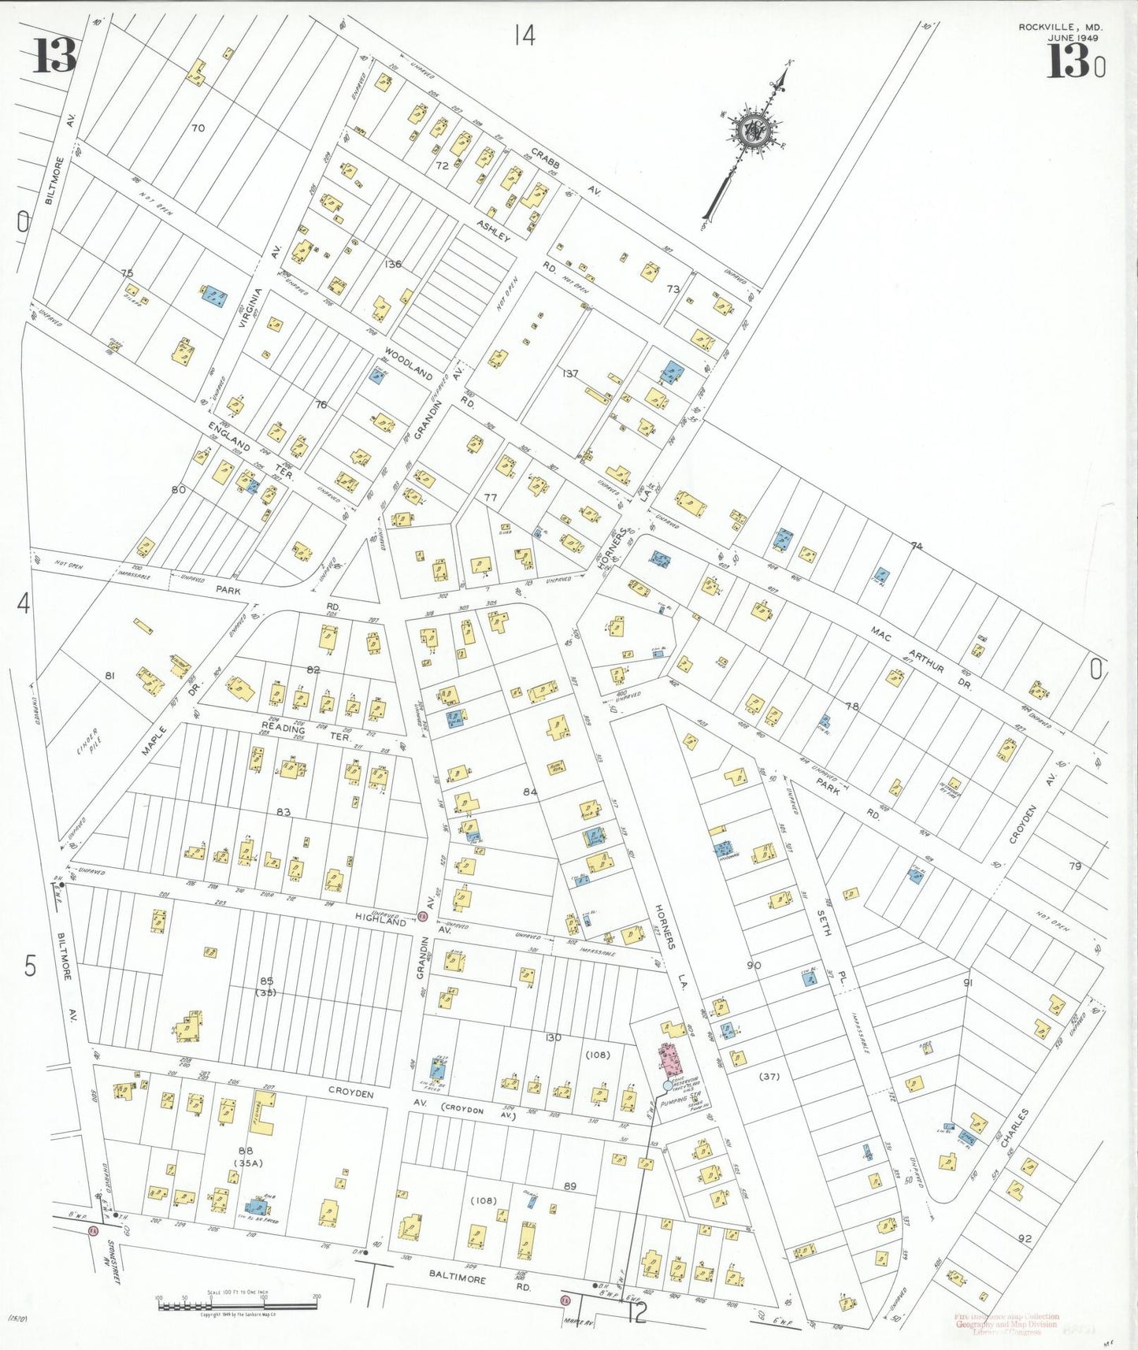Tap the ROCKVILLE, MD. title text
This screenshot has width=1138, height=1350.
[1060, 28]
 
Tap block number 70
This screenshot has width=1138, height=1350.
[197, 128]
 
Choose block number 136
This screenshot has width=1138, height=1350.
[392, 264]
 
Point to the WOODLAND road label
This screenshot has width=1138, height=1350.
[409, 363]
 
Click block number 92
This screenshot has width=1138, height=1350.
[1024, 1239]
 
